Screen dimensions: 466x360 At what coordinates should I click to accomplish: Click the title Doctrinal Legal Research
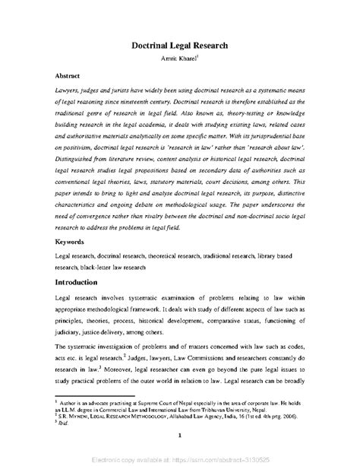(179, 45)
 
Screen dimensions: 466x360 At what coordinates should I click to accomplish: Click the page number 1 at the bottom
(178, 456)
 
